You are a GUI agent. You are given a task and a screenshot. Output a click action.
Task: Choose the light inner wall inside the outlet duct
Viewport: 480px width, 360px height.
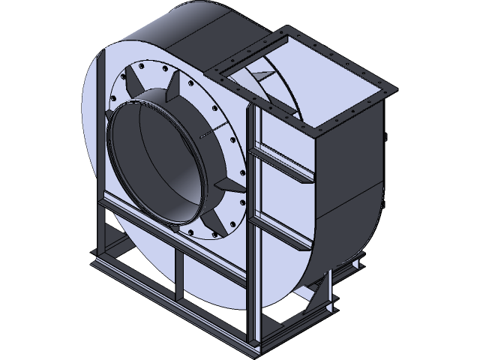click(x=300, y=112)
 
